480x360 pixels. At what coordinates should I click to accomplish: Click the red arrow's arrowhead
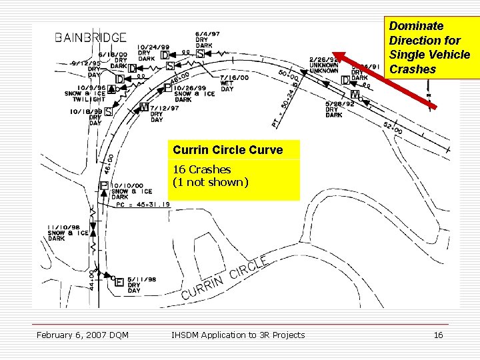tap(339, 57)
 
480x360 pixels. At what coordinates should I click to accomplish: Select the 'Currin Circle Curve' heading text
tap(227, 150)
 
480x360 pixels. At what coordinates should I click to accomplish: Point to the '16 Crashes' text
tap(201, 169)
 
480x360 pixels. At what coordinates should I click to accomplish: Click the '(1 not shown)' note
tap(211, 181)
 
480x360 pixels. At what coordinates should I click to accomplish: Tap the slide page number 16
tap(438, 335)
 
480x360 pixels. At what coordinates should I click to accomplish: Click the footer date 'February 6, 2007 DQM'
tap(83, 335)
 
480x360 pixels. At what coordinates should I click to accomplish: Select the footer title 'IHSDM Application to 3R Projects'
tap(238, 335)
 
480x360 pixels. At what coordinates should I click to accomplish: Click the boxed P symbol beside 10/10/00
tap(104, 186)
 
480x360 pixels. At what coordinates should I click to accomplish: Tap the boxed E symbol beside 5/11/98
tap(119, 281)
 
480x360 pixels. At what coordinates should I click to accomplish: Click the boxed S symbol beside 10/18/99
tap(108, 112)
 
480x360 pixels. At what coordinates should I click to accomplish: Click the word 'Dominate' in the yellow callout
tap(416, 26)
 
